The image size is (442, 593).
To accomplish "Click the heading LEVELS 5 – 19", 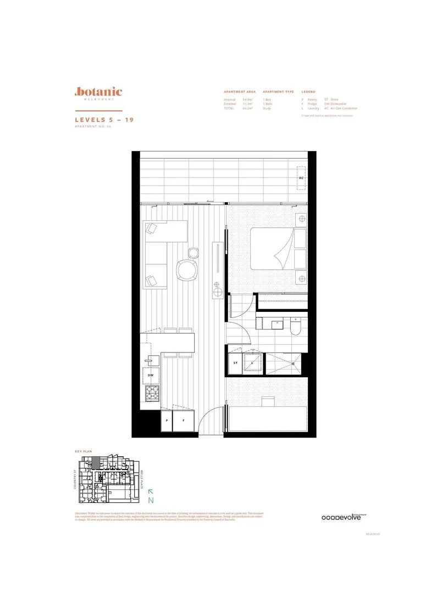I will [104, 119].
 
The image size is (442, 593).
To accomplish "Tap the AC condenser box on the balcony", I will [301, 178].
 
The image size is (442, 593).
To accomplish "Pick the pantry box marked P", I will [166, 421].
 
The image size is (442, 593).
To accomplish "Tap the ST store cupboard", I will [235, 363].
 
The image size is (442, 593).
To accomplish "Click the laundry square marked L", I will [253, 362].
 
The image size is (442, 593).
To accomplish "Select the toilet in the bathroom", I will [296, 327].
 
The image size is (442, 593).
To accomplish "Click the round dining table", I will [187, 270].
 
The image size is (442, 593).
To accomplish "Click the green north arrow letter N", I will [151, 499].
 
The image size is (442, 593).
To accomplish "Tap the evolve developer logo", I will [344, 517].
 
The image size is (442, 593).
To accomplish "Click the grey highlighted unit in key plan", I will [95, 462].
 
